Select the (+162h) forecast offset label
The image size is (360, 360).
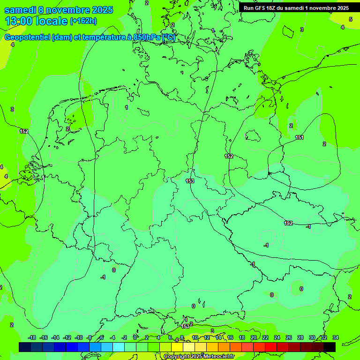pos(83,21)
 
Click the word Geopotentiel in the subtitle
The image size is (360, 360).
pos(28,37)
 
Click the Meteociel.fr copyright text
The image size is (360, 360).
pos(213,357)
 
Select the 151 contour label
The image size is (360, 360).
pos(300,137)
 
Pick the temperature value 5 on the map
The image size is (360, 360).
pos(350,19)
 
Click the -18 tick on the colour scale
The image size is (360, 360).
pos(32,337)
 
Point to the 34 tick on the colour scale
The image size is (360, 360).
pos(336,337)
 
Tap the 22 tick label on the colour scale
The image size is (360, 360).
pos(265,337)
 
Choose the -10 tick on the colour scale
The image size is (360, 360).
pos(79,337)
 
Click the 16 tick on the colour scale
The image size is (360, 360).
pos(230,337)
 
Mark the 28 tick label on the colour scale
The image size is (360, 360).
pos(300,337)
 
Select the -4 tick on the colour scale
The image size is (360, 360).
pos(112,337)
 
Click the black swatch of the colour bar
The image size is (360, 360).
pos(330,347)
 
